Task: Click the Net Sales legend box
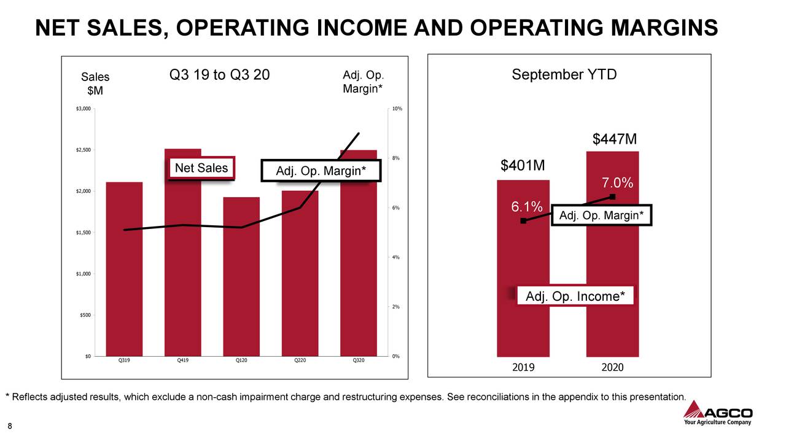pyautogui.click(x=201, y=168)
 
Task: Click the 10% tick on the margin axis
pyautogui.click(x=397, y=109)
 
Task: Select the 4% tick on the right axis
pyautogui.click(x=396, y=257)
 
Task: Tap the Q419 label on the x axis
pyautogui.click(x=182, y=360)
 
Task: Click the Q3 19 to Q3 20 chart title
pyautogui.click(x=219, y=76)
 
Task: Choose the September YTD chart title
pyautogui.click(x=564, y=75)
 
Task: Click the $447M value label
pyautogui.click(x=615, y=140)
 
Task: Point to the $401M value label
pyautogui.click(x=523, y=166)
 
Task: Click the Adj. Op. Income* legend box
pyautogui.click(x=575, y=297)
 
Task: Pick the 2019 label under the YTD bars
pyautogui.click(x=523, y=367)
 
